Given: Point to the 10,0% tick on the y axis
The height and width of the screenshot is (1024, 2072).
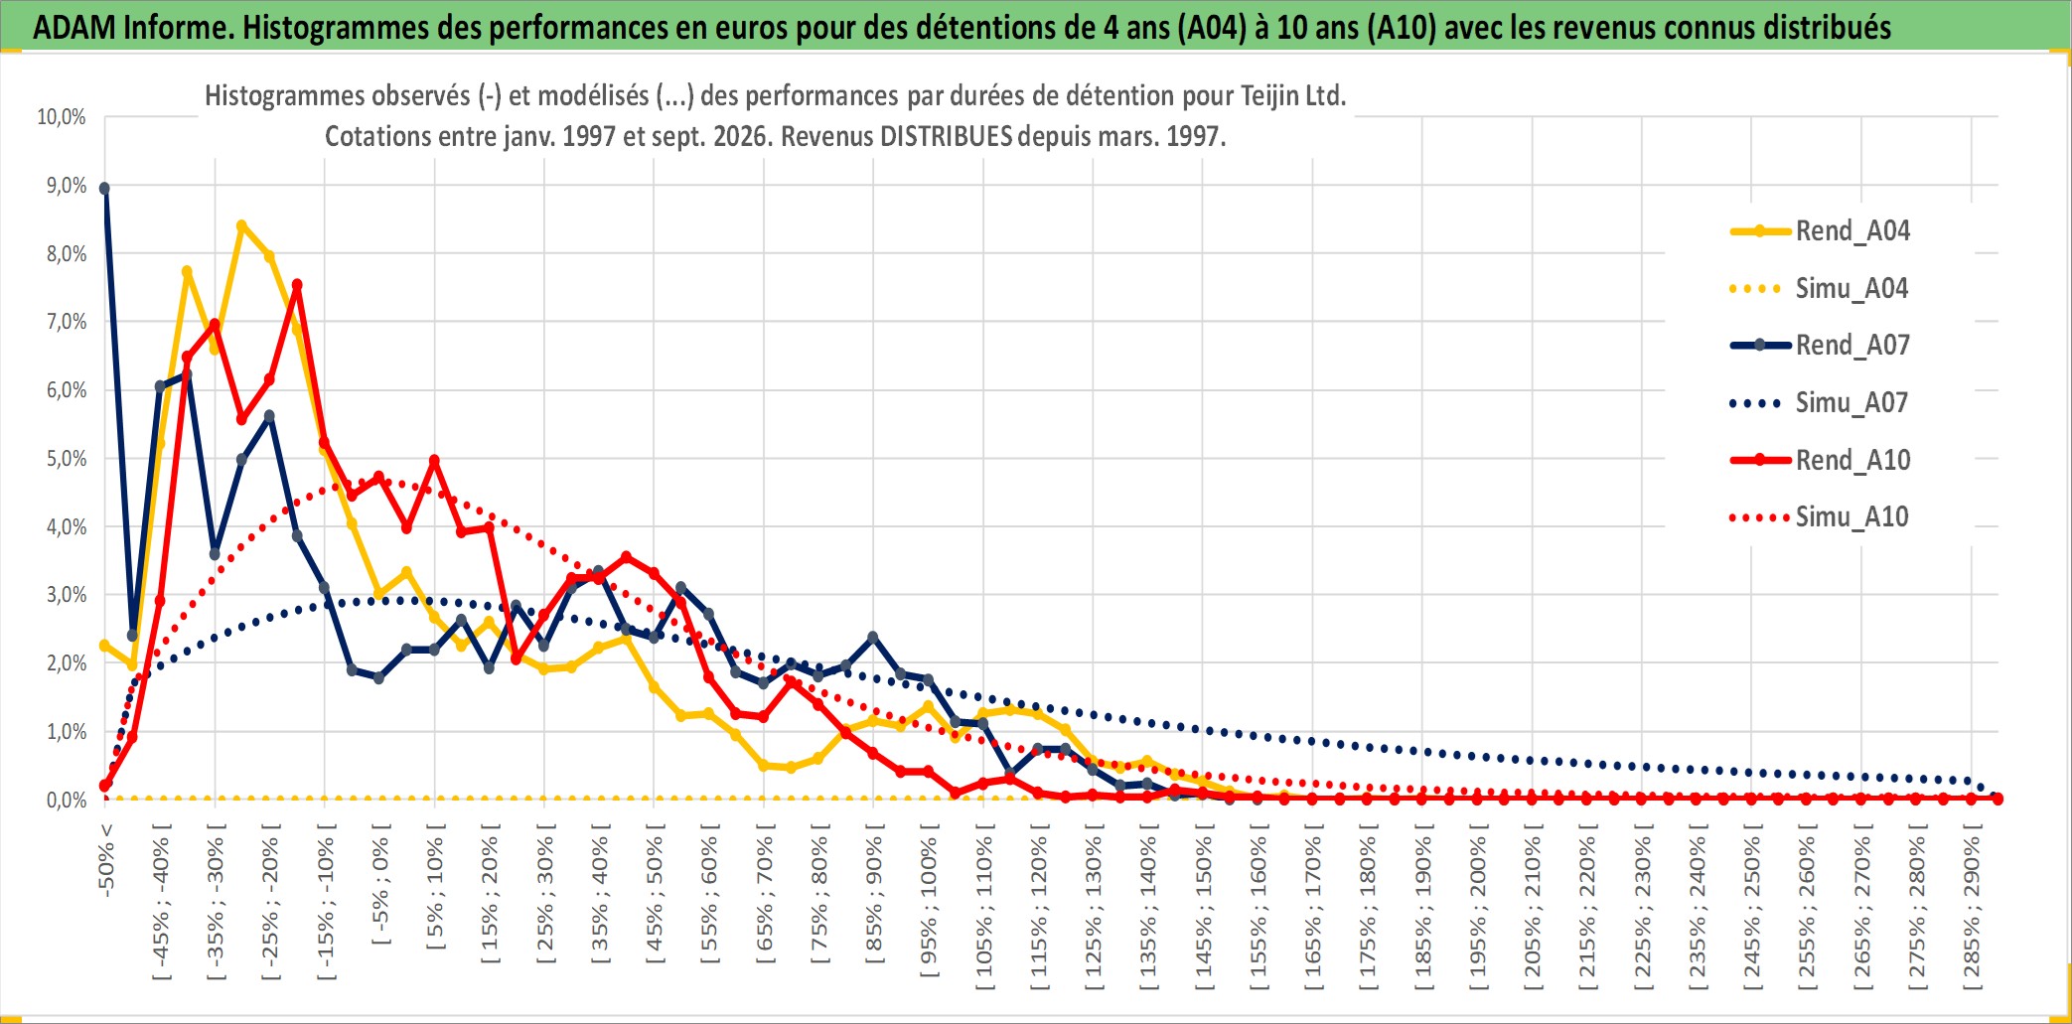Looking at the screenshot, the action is click(x=62, y=117).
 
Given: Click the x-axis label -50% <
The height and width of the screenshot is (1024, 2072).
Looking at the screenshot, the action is click(x=106, y=860).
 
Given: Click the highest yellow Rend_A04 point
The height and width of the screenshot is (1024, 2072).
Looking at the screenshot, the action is click(x=241, y=226).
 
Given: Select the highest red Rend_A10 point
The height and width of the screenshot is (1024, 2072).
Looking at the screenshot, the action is click(x=297, y=286).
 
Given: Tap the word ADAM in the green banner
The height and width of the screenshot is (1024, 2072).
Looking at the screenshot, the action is click(x=74, y=28).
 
